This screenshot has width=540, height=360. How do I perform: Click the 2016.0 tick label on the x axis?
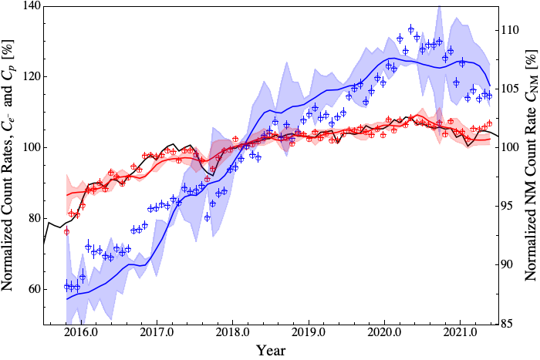point(81,335)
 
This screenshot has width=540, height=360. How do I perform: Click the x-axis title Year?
point(271,351)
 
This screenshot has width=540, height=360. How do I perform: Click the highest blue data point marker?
point(411,29)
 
